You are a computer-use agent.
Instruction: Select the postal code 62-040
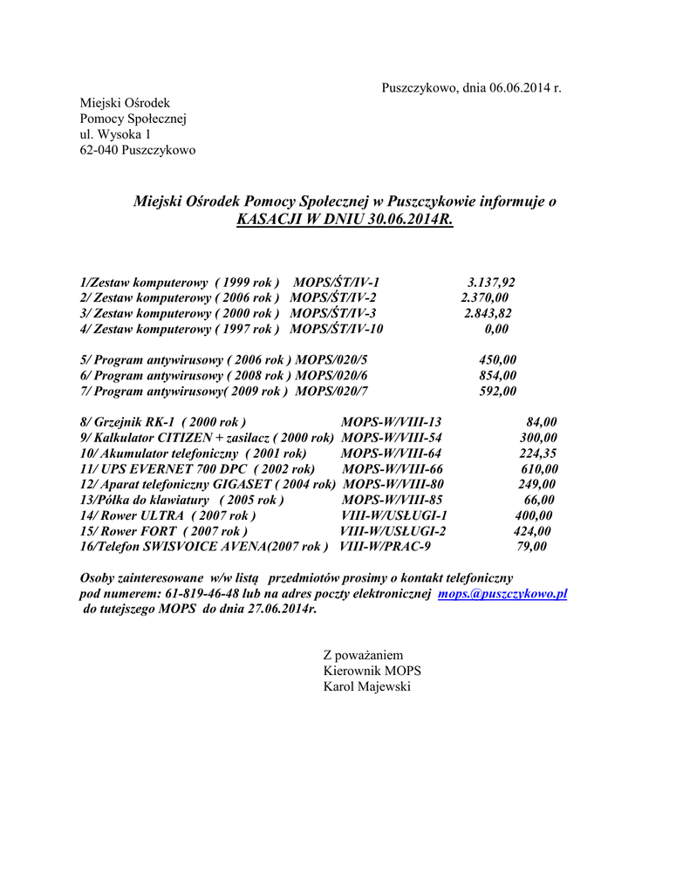[x=100, y=151]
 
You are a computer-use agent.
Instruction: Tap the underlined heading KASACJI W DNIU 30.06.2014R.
[x=345, y=219]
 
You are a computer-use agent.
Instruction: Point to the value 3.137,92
[x=491, y=283]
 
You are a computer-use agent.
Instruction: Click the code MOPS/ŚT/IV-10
[x=336, y=330]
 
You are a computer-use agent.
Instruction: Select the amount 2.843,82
[x=488, y=314]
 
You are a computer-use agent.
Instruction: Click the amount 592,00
[x=498, y=392]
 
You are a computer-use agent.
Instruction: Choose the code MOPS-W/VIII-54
[x=392, y=438]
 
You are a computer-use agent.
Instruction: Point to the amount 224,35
[x=538, y=453]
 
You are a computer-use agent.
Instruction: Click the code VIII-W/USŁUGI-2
[x=393, y=531]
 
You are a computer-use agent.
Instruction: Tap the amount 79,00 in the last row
[x=531, y=547]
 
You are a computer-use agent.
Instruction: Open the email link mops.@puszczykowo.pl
[x=502, y=593]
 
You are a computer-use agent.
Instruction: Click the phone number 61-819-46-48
[x=195, y=593]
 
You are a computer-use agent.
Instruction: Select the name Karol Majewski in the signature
[x=366, y=687]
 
